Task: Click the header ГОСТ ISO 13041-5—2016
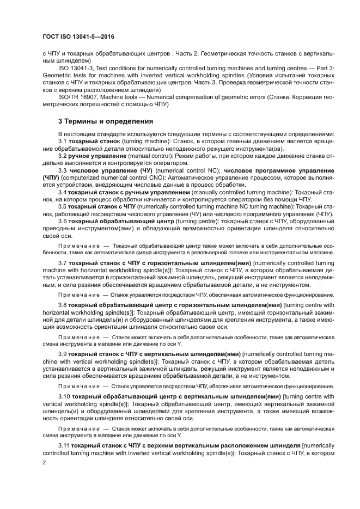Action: point(78,38)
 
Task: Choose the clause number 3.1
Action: point(63,141)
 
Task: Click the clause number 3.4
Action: point(63,192)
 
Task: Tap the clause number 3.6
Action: point(63,222)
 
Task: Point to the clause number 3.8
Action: point(63,305)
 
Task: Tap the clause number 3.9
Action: point(63,354)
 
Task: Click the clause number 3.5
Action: point(63,207)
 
